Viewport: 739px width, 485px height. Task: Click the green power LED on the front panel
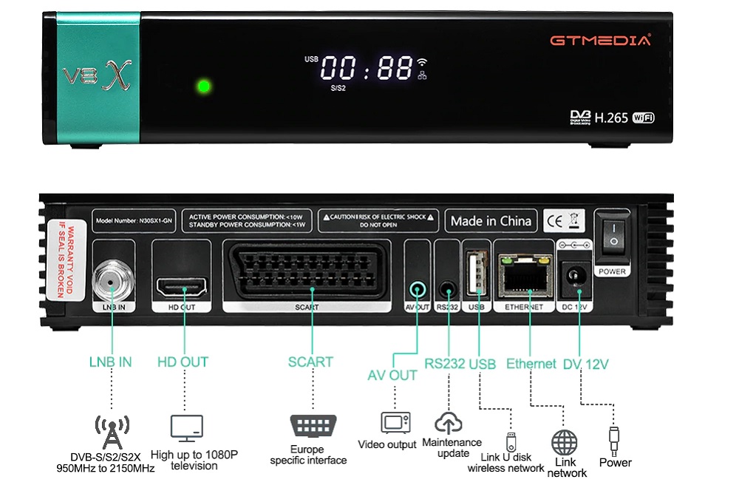tap(204, 87)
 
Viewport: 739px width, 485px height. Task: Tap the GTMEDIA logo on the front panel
tap(600, 40)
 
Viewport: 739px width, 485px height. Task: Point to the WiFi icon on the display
tap(422, 63)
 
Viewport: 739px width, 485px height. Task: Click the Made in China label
tap(491, 220)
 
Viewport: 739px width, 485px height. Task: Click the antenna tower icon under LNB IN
tap(112, 431)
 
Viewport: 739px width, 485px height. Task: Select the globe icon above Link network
tap(565, 443)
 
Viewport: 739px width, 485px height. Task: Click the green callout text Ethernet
tap(531, 363)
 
